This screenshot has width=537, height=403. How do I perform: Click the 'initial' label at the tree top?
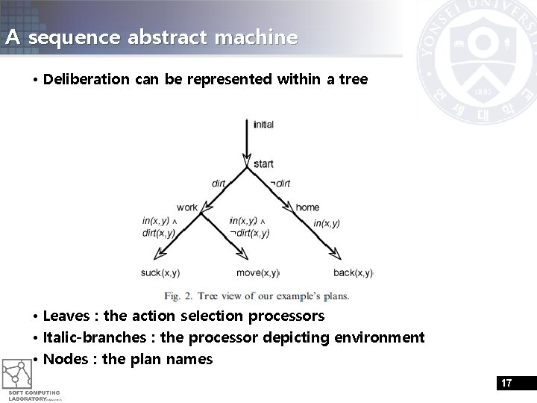(x=263, y=125)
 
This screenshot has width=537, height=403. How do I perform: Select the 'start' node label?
(x=263, y=164)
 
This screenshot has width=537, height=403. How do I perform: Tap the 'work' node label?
(x=187, y=207)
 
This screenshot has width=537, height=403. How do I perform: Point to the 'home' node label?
(x=307, y=207)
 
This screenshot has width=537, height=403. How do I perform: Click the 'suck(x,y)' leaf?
(x=160, y=273)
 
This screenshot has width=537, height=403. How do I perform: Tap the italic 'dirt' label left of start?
(x=219, y=184)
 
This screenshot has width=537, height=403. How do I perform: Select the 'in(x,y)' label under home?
(x=327, y=223)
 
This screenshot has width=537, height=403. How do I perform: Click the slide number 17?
(x=506, y=383)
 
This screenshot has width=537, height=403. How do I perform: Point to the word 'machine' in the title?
(x=261, y=37)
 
